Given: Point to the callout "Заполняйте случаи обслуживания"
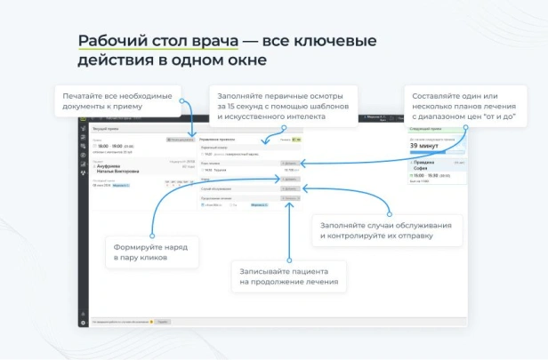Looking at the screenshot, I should pos(387,231).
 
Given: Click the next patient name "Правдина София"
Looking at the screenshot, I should pos(425,165).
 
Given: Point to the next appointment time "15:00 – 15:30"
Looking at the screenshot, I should pos(427,176).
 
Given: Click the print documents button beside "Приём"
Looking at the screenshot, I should pos(181,140).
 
